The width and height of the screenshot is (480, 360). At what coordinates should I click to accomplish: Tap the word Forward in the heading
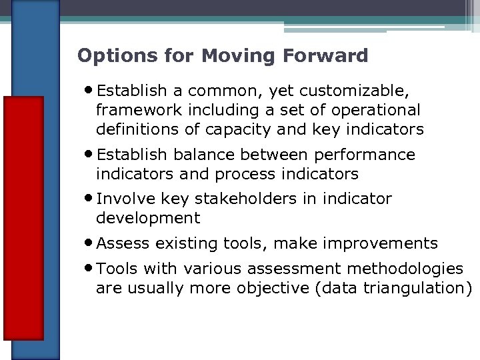tap(332, 55)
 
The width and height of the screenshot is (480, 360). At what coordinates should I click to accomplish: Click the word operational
tap(377, 109)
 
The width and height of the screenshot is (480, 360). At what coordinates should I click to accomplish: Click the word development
tap(148, 218)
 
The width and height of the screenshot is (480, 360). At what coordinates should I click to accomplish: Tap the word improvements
tap(383, 243)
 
